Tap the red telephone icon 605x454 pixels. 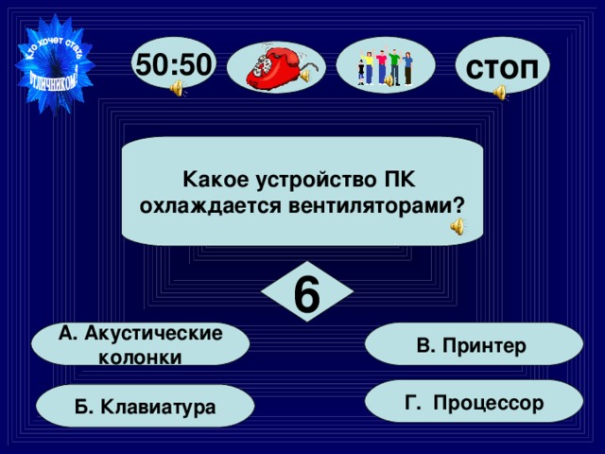[273, 66]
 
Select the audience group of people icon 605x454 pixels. [386, 65]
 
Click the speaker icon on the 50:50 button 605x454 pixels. [178, 89]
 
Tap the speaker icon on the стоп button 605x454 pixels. [500, 92]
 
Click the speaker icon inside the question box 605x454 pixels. [458, 225]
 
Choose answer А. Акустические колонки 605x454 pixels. [140, 344]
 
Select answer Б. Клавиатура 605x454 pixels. [145, 406]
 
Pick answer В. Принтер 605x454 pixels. [473, 345]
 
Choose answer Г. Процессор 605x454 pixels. [474, 403]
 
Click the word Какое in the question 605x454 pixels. [212, 178]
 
